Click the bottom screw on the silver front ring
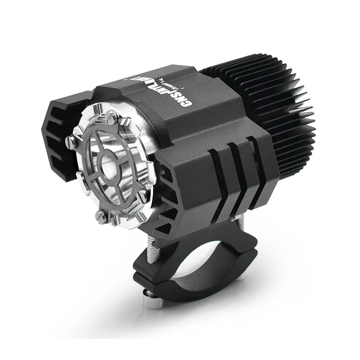102,216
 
